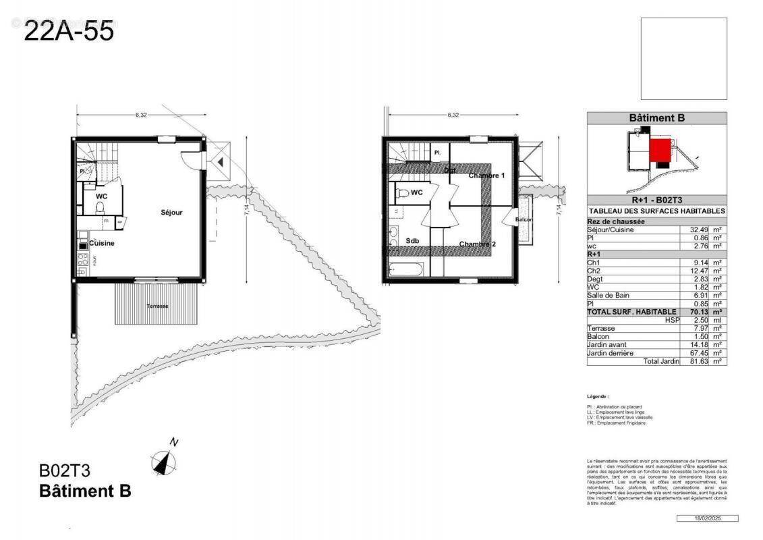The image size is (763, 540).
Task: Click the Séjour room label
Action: pos(171,212)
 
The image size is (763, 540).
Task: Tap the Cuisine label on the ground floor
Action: pos(101,243)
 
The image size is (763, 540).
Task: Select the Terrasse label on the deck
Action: pos(157,306)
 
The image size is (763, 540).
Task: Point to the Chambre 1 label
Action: pos(486,175)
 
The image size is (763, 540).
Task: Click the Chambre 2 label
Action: pos(478,244)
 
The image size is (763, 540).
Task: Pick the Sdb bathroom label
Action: pos(412,240)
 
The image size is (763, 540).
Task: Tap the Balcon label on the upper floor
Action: pos(524,219)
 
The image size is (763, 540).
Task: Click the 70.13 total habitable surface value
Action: pos(694,312)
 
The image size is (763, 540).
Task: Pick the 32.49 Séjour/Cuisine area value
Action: pos(694,230)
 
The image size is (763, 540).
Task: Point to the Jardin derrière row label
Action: pos(610,352)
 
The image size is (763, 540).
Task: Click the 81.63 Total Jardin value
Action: pos(694,361)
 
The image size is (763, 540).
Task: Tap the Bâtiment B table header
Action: pos(656,118)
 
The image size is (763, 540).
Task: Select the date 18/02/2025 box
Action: pos(706,518)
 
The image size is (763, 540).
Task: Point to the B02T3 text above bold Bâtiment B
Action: pos(65,470)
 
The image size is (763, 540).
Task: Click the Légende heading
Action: pos(598,397)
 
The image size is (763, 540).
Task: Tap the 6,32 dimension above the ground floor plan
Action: pos(140,115)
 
